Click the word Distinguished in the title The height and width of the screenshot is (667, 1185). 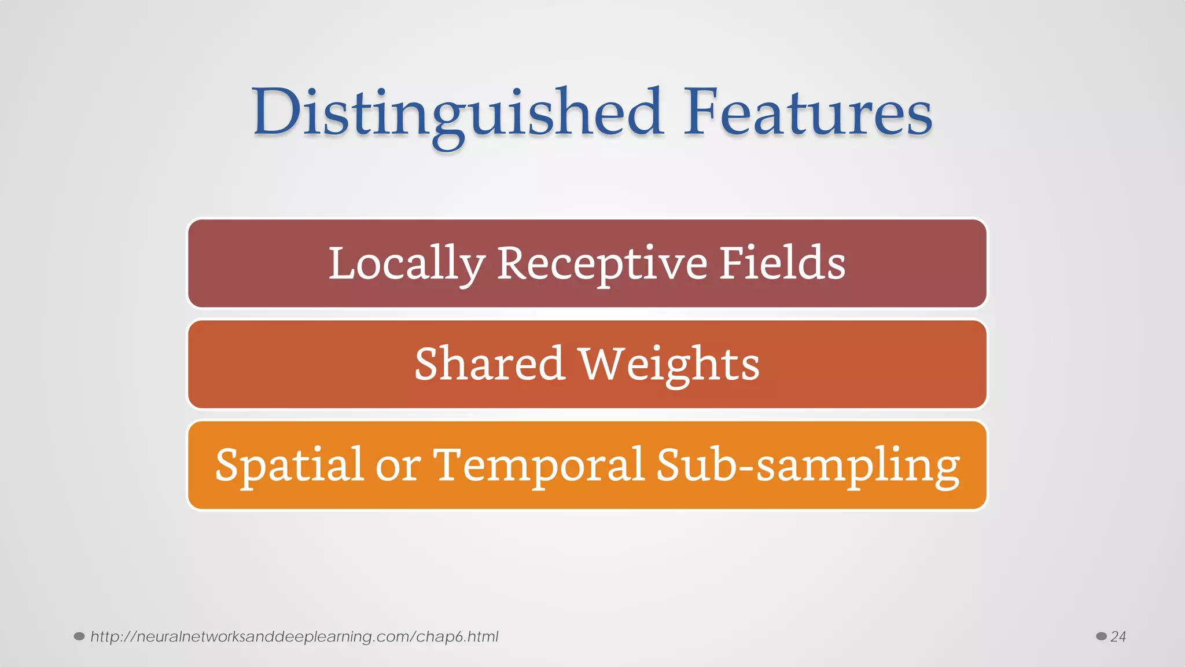click(457, 113)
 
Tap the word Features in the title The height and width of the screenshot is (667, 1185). click(808, 113)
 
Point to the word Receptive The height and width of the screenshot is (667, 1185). click(602, 264)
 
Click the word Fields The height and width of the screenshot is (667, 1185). click(782, 263)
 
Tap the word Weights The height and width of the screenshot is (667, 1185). click(669, 365)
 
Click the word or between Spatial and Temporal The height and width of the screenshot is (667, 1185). click(398, 466)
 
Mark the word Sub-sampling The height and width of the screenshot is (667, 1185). click(808, 466)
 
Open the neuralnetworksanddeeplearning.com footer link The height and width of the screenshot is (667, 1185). click(294, 637)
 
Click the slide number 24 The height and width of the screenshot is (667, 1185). click(1118, 637)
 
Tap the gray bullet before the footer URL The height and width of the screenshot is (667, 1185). click(79, 636)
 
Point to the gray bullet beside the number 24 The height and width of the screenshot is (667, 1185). click(1101, 636)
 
